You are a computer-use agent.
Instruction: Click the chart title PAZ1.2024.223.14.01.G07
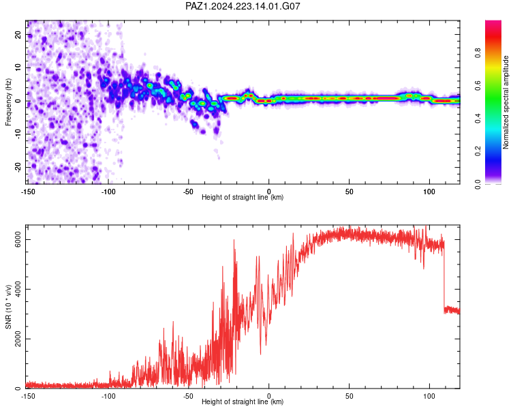(243, 6)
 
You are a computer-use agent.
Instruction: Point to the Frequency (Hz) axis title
(8, 102)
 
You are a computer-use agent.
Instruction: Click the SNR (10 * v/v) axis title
(8, 307)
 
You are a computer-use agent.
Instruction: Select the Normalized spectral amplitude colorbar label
(506, 102)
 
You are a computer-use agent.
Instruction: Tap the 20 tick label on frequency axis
(18, 34)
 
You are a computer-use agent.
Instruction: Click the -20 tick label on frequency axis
(18, 167)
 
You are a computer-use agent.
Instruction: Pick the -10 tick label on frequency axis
(18, 134)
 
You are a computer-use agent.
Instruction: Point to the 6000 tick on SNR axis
(18, 239)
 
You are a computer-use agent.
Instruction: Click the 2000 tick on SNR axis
(18, 339)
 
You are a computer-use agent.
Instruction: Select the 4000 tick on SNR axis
(18, 289)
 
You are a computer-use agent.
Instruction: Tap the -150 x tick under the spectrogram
(28, 192)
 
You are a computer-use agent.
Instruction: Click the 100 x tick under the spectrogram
(429, 192)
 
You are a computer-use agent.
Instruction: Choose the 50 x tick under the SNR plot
(349, 396)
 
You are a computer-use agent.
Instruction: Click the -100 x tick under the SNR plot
(108, 396)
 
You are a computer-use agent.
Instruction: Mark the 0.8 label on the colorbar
(478, 52)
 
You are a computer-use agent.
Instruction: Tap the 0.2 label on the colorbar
(478, 151)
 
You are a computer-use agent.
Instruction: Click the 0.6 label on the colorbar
(478, 85)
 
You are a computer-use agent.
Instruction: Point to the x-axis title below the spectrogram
(243, 197)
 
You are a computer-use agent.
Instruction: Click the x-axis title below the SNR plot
(243, 402)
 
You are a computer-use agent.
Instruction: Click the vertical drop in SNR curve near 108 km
(444, 277)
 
